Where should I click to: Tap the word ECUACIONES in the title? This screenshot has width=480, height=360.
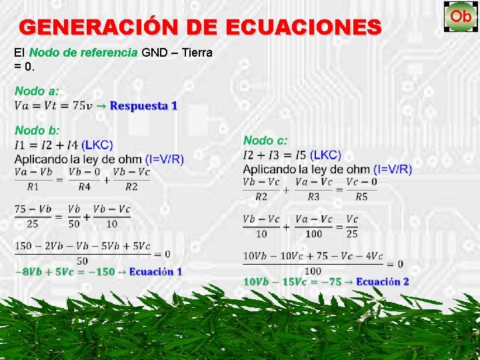[x=304, y=27]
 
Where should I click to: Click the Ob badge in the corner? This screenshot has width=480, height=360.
[x=460, y=16]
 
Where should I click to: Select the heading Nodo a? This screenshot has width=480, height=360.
[x=37, y=91]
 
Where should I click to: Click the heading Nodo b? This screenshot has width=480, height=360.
[x=37, y=131]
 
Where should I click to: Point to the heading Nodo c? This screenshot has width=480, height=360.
[x=265, y=141]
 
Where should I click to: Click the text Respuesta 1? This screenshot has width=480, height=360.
[x=143, y=106]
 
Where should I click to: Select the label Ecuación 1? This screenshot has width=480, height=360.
[x=155, y=271]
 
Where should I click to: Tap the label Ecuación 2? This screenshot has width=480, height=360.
[x=383, y=281]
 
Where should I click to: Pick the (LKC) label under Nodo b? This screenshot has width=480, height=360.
[x=98, y=145]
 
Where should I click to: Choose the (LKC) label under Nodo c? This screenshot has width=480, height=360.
[x=325, y=155]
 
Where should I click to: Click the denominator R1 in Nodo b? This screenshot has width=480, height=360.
[x=33, y=187]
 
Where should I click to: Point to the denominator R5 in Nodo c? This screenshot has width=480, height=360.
[x=361, y=197]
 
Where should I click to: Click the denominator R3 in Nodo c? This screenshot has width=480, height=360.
[x=313, y=197]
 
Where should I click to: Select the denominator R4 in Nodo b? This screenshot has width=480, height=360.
[x=83, y=187]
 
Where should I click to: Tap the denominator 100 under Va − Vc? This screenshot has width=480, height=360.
[x=313, y=234]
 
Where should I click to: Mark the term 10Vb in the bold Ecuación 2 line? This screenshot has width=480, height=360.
[x=256, y=281]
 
